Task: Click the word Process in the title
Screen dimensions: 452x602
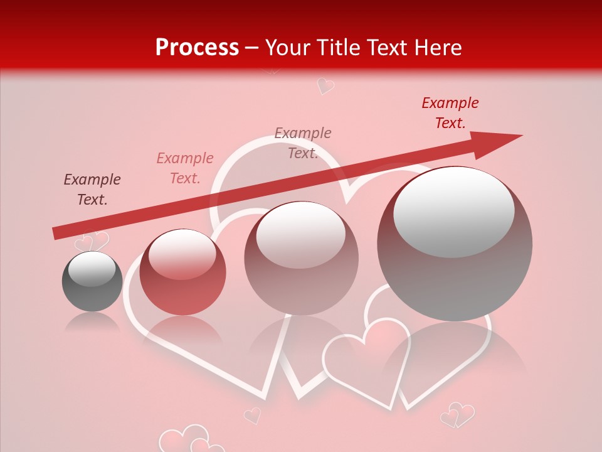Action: click(197, 48)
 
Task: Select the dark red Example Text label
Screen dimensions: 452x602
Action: click(450, 113)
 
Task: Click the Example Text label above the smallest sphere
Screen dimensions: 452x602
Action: click(92, 190)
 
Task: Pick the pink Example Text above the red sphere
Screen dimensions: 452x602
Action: click(185, 168)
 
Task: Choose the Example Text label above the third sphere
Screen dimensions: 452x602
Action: click(303, 143)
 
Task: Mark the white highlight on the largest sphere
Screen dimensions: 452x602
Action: click(454, 212)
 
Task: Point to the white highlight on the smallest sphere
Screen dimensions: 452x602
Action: click(92, 269)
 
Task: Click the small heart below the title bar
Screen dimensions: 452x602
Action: click(325, 85)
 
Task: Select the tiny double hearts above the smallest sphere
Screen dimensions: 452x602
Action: click(92, 242)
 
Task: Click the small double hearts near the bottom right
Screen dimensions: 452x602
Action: click(457, 415)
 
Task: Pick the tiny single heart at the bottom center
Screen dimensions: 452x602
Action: click(252, 415)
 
